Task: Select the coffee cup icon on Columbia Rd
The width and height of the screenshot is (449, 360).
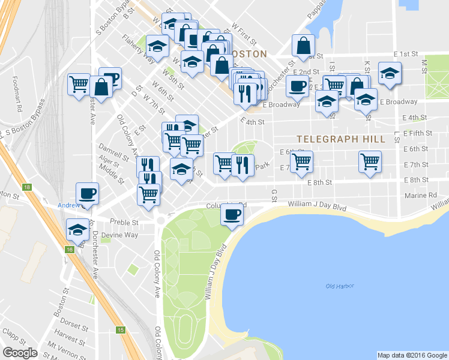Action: tap(232, 215)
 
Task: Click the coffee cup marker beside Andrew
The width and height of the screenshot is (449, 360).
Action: tap(87, 194)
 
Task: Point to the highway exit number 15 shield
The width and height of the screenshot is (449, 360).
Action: tap(121, 329)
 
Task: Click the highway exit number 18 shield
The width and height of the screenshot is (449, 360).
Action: tap(27, 188)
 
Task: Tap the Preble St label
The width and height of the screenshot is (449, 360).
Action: tap(127, 222)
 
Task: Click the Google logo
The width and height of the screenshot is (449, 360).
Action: tap(20, 352)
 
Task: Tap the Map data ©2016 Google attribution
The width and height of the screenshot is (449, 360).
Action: tap(412, 355)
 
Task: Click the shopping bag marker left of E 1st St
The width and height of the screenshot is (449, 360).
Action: tap(304, 46)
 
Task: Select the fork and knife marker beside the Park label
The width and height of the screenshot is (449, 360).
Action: tap(242, 165)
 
